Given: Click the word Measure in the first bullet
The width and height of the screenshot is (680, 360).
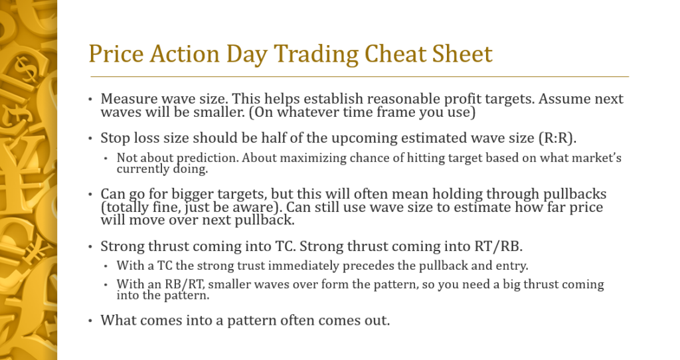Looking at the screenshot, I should (x=125, y=99).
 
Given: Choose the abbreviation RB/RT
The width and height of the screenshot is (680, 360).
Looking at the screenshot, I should (x=173, y=284).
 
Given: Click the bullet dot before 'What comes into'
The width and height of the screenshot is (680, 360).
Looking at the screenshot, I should (x=91, y=321).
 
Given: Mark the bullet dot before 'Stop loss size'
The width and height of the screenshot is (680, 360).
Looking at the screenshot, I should (x=91, y=139).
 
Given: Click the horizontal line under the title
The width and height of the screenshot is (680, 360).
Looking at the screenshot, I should (x=359, y=77).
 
